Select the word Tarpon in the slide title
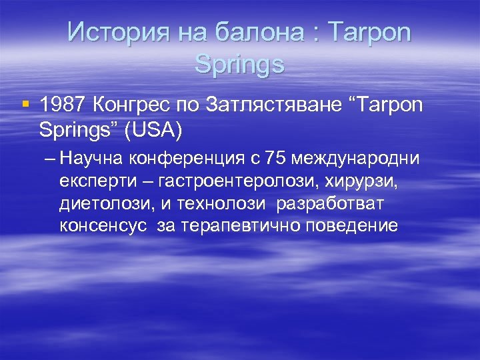[x=369, y=31]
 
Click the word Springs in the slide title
[x=240, y=65]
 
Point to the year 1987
[x=63, y=105]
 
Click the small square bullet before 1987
[x=25, y=104]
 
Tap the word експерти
[x=87, y=181]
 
